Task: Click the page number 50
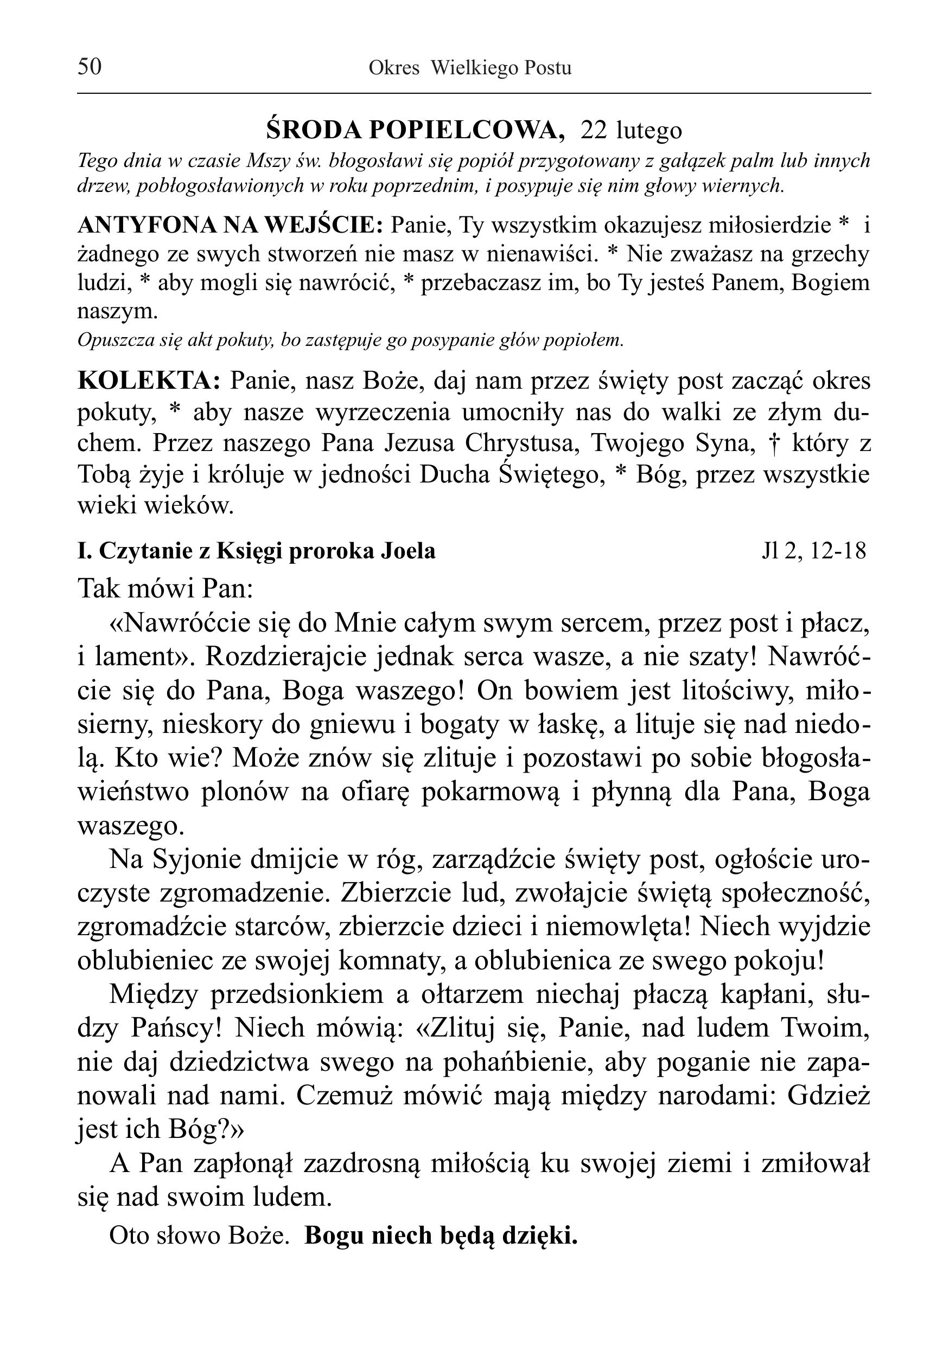click(90, 67)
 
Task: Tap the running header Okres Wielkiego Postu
click(469, 68)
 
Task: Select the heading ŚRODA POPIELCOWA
click(416, 130)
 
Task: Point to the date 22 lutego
click(631, 130)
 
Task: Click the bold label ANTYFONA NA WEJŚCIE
click(231, 225)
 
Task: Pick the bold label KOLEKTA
click(149, 381)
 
